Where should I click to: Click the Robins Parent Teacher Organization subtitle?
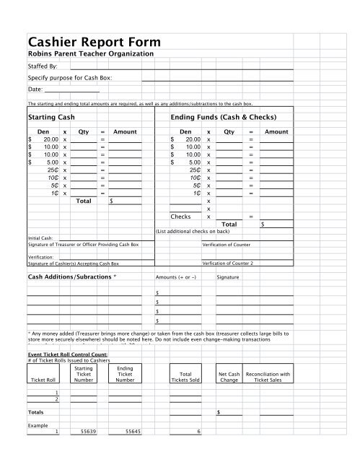coord(90,54)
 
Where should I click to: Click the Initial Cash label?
coord(40,237)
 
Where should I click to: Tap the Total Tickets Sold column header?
coord(185,377)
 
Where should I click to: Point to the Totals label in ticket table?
coord(36,411)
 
